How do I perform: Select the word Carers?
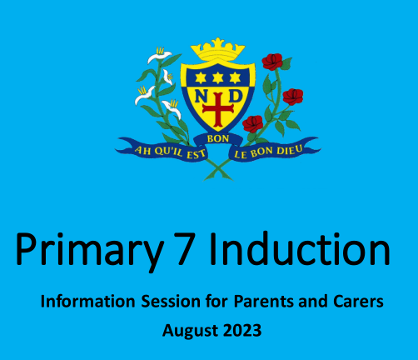tap(354, 302)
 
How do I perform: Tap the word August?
tap(190, 331)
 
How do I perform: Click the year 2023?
tap(241, 331)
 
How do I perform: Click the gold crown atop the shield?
tap(217, 45)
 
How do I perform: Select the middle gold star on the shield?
tap(217, 77)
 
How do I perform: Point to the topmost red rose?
tap(272, 61)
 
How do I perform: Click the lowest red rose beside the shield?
tap(253, 123)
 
